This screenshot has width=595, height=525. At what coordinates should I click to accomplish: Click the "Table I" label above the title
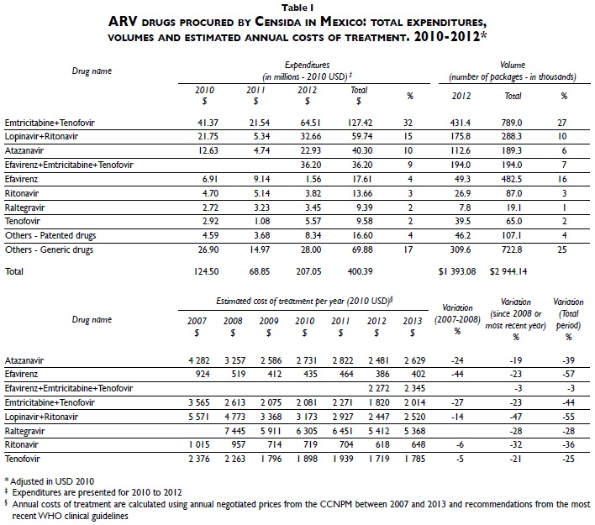(297, 7)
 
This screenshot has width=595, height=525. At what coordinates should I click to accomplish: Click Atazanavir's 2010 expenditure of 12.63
(204, 151)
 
